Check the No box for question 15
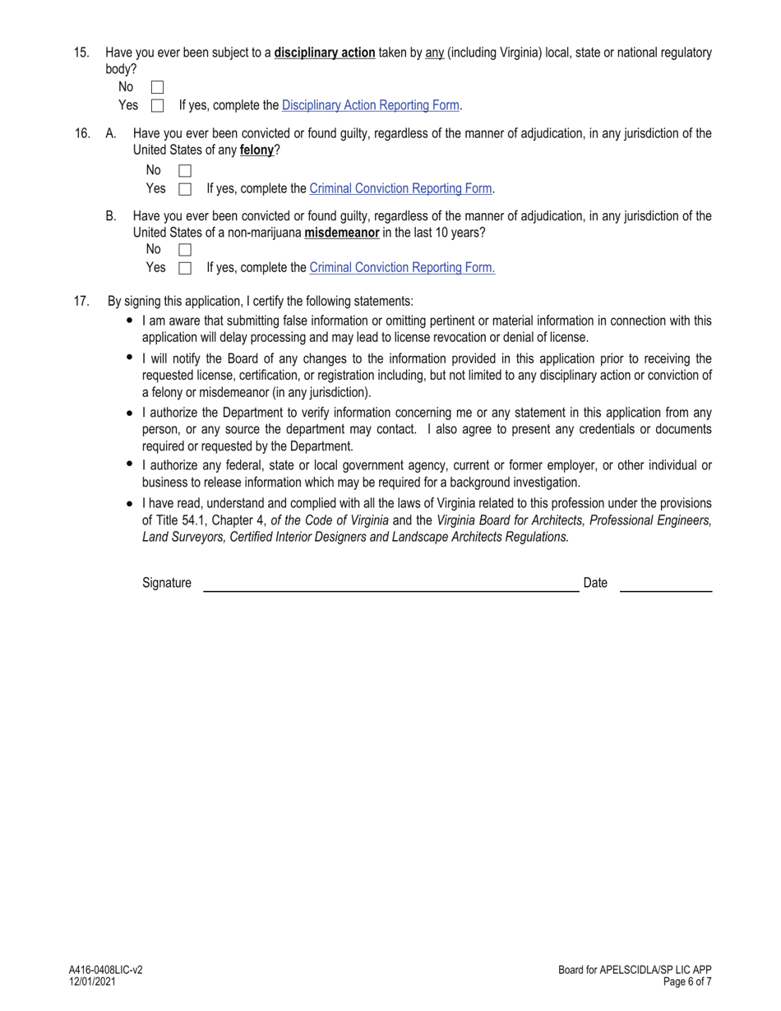point(158,87)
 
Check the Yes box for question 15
point(158,105)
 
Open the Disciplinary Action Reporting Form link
point(370,105)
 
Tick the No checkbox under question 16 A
point(185,171)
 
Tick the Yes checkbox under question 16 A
point(185,189)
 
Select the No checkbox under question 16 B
point(185,250)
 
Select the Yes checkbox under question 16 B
point(185,268)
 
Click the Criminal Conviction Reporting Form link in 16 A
point(400,188)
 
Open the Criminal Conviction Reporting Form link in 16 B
point(402,267)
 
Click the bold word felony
point(256,150)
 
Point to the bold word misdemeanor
point(342,233)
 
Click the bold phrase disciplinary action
point(325,53)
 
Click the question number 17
point(81,301)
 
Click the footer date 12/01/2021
point(92,981)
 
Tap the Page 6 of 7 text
point(687,981)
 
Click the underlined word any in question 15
point(434,53)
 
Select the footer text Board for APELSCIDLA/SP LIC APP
point(635,970)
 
